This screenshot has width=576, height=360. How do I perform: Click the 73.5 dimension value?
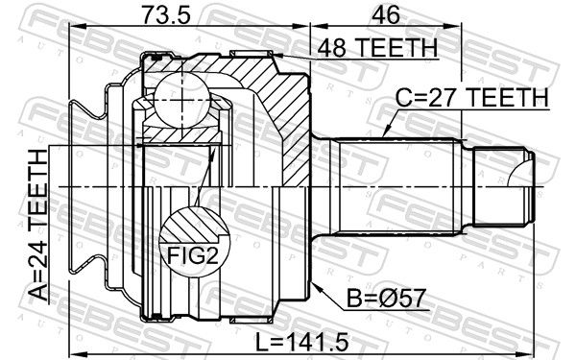[x=166, y=15]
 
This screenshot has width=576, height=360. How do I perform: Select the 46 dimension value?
[x=385, y=15]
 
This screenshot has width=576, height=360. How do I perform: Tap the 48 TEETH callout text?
[x=377, y=48]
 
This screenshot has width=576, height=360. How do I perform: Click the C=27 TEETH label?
[x=472, y=98]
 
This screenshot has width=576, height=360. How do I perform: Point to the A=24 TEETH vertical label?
[x=38, y=225]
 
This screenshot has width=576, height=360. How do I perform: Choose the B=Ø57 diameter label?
[x=387, y=299]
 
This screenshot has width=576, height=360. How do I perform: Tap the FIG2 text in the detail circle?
[x=193, y=255]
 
